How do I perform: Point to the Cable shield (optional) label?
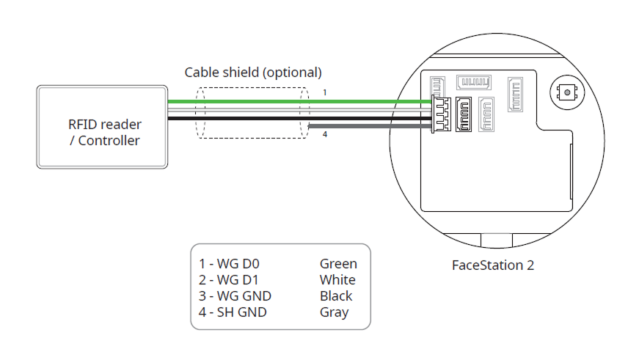tap(252, 73)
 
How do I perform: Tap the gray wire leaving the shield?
tap(367, 126)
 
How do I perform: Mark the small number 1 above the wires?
tap(325, 93)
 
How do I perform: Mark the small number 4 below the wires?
tap(325, 134)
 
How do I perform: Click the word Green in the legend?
tap(338, 264)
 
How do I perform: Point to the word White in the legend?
tap(337, 280)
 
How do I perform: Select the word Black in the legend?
tap(336, 296)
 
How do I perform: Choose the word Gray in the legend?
tap(334, 312)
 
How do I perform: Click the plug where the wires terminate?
tap(442, 113)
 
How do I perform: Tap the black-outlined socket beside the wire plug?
tap(464, 115)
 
